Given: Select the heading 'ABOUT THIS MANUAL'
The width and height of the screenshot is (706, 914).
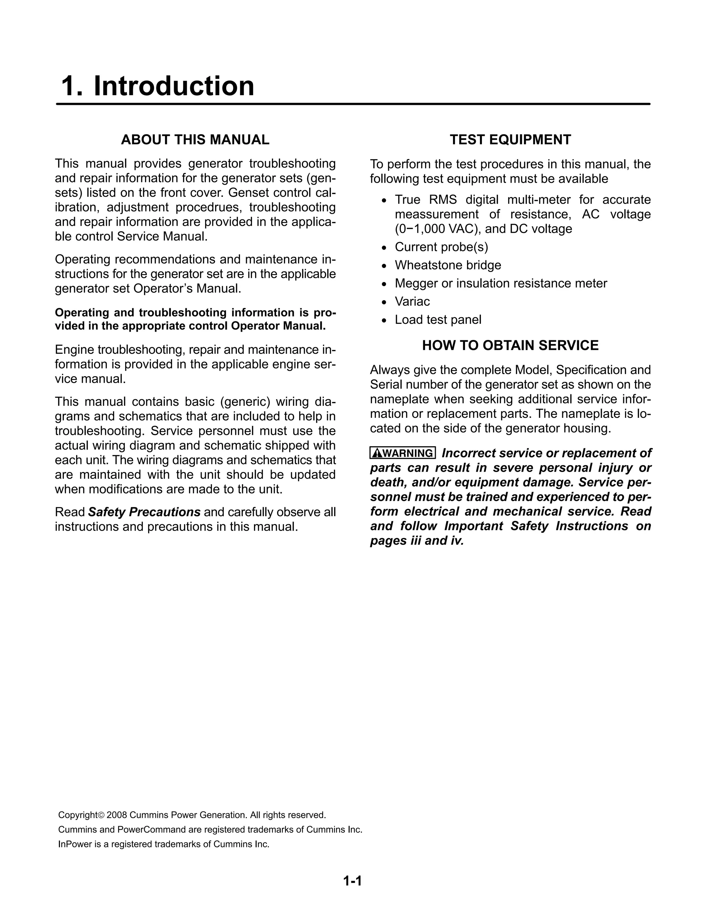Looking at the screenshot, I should pos(195,139).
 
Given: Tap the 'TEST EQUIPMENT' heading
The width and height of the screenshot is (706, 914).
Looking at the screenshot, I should pos(510,139).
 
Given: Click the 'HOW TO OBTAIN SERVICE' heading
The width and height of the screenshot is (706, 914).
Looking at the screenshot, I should pos(510,345).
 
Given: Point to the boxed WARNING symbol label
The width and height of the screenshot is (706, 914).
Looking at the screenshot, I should pos(403,453).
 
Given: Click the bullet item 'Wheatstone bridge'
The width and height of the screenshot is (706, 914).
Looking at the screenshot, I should pos(448,265).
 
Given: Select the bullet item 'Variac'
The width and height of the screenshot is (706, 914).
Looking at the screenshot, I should pos(412,302).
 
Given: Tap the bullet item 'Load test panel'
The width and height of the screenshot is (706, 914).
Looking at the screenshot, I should pos(438,320).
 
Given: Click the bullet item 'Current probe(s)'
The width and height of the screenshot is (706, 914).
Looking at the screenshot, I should pos(442,247).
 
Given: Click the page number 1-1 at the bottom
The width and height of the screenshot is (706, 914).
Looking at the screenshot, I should pos(352,881).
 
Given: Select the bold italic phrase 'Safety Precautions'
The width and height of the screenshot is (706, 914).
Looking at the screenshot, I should pos(144,512).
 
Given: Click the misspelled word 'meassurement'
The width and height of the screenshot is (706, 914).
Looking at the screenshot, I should pos(436,214).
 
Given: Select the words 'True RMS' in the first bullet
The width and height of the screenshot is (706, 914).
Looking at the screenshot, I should pos(426,200).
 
